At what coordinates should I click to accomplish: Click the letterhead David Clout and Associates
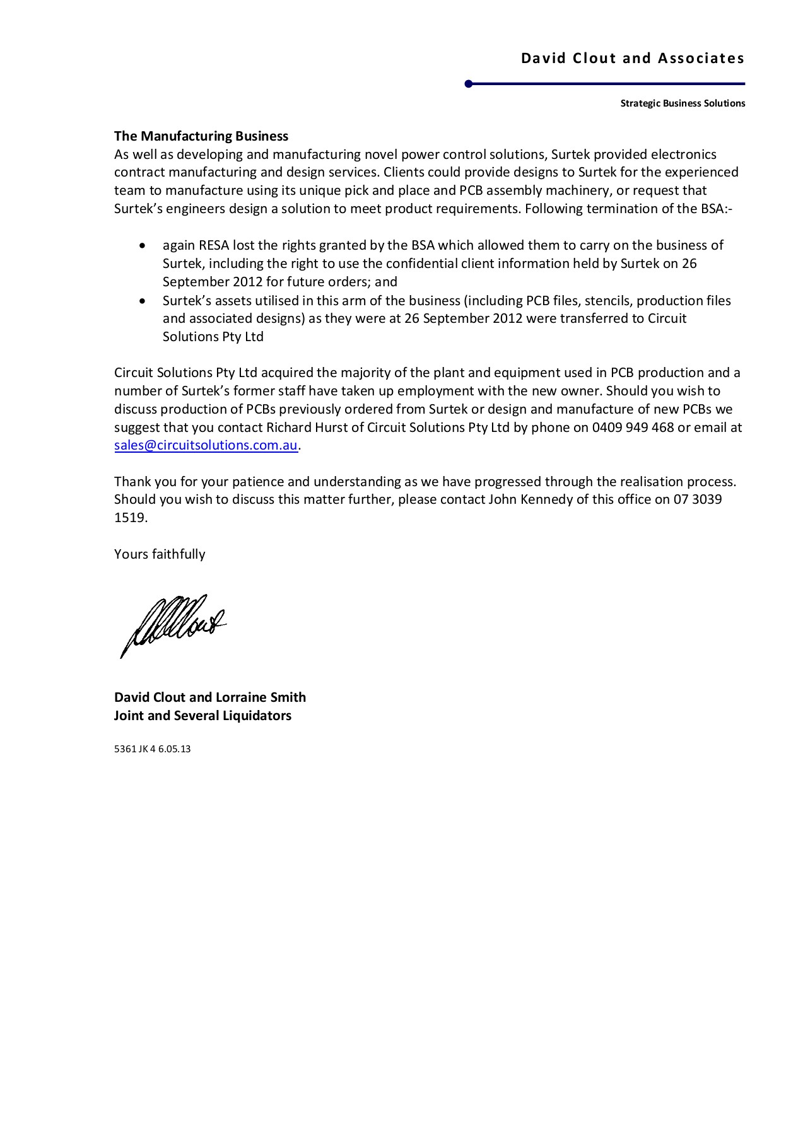tap(632, 59)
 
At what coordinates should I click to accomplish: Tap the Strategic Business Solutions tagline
tap(683, 103)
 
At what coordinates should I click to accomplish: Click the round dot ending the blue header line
tap(469, 84)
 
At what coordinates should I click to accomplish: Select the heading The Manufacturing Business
tap(201, 136)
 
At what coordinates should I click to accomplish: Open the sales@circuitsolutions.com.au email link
tap(206, 445)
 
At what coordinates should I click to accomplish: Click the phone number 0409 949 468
tap(633, 428)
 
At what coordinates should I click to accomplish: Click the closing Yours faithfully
tap(160, 554)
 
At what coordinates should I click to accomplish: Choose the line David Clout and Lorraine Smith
tap(210, 697)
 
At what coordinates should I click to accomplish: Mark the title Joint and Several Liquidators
tap(202, 716)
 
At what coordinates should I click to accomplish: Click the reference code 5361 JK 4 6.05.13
tap(152, 749)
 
